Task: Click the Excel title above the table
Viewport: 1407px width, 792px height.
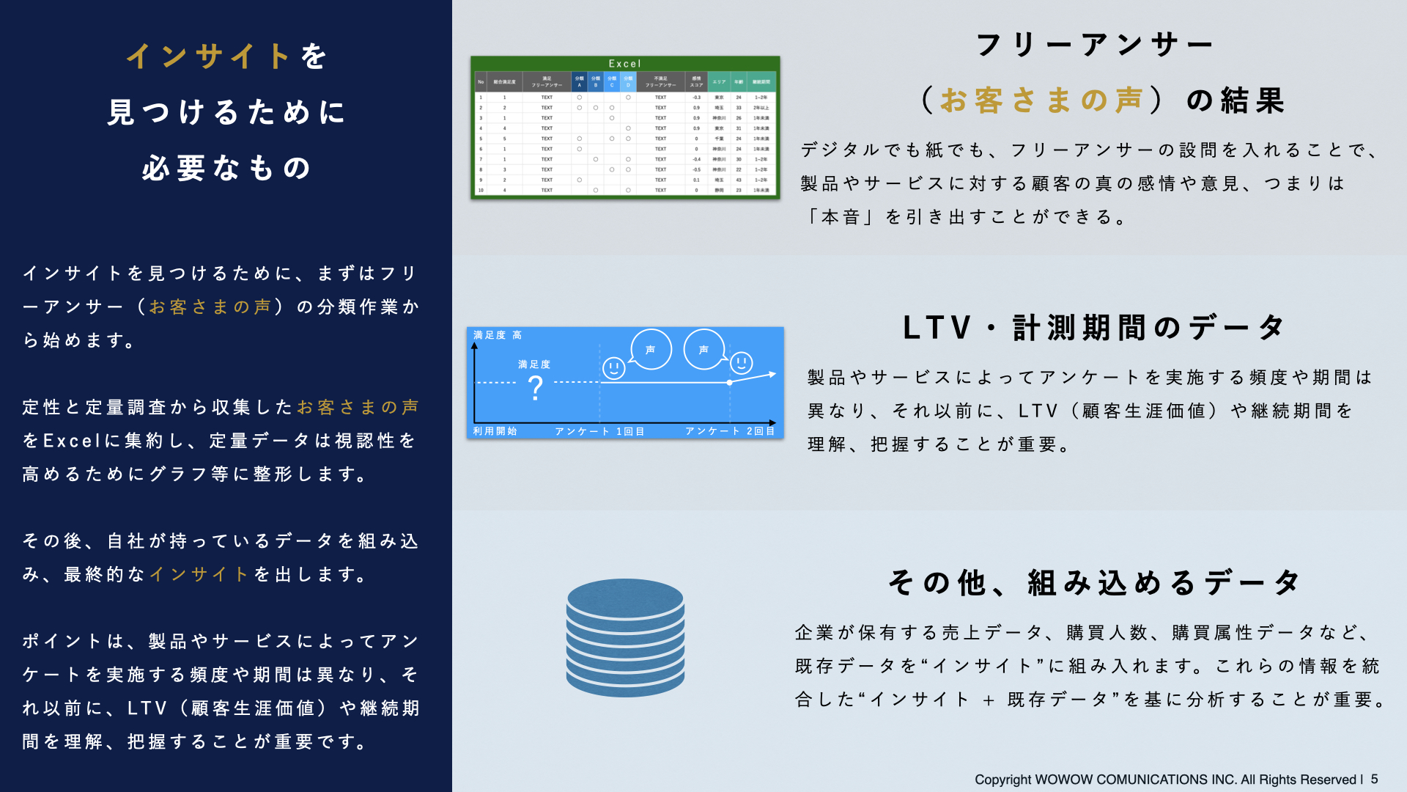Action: [624, 64]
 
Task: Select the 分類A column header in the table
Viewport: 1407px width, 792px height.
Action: [579, 81]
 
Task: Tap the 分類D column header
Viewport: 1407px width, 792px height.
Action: [628, 81]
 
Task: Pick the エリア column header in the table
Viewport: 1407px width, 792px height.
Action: [719, 82]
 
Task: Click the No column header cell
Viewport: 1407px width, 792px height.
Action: [481, 82]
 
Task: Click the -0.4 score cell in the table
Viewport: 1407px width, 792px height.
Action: [696, 159]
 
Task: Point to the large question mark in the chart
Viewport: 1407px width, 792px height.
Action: [536, 386]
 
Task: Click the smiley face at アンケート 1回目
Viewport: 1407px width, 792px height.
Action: [613, 367]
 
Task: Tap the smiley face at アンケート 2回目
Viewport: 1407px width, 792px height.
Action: [742, 362]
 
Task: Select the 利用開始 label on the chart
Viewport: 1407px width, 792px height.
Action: [495, 431]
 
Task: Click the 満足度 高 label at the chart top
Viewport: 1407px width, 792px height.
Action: [498, 335]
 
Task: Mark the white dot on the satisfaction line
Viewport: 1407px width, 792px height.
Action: [729, 383]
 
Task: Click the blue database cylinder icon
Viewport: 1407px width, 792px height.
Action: [625, 638]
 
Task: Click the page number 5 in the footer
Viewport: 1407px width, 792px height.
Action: [1374, 780]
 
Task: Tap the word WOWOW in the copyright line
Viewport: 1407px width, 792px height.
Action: [1063, 780]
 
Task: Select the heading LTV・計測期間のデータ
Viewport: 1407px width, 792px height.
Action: [1093, 328]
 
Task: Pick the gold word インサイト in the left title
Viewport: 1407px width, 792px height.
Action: [209, 56]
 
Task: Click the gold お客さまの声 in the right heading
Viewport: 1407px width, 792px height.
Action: [1041, 100]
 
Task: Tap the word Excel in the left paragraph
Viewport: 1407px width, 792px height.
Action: [71, 441]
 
